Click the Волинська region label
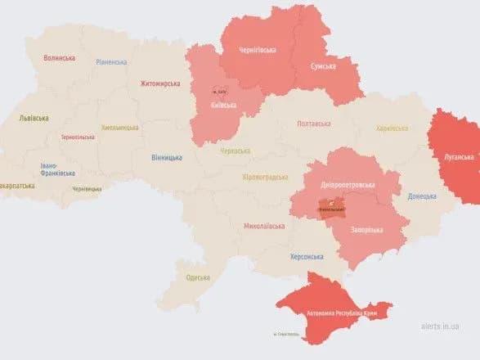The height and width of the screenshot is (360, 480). tap(59, 58)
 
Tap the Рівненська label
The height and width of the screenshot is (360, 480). tap(111, 62)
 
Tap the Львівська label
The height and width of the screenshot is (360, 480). tap(34, 118)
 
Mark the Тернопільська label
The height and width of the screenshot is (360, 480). tap(79, 137)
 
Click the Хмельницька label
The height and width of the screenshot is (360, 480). tap(119, 128)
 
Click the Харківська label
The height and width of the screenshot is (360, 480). tap(392, 128)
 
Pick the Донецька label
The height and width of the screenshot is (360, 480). tap(422, 196)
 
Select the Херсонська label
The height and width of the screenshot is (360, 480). tap(307, 256)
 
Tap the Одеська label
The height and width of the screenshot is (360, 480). tap(197, 277)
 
